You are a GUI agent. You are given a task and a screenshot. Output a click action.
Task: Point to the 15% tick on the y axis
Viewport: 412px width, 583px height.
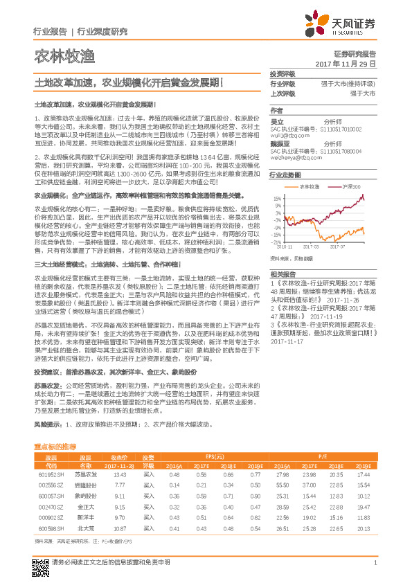pyautogui.click(x=277, y=197)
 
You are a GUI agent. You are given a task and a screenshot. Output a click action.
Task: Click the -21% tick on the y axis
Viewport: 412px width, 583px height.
pyautogui.click(x=277, y=242)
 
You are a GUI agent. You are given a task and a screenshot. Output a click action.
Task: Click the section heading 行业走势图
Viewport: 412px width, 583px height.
pyautogui.click(x=285, y=176)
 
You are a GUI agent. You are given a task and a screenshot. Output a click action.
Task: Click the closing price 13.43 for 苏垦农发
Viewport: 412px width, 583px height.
pyautogui.click(x=118, y=474)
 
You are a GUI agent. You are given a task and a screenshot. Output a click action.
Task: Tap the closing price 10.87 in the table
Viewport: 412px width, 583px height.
pyautogui.click(x=118, y=528)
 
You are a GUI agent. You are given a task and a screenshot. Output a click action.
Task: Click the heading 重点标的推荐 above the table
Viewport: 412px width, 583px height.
pyautogui.click(x=55, y=448)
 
